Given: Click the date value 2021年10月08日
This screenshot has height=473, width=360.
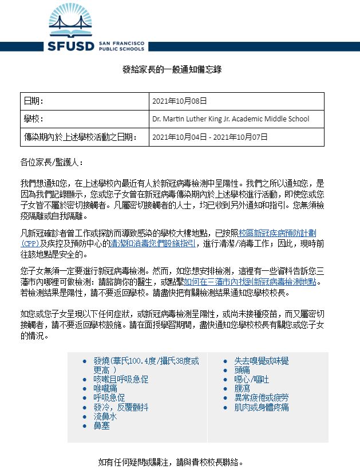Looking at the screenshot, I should pyautogui.click(x=179, y=101).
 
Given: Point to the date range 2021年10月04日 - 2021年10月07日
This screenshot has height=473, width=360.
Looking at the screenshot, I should pyautogui.click(x=210, y=137).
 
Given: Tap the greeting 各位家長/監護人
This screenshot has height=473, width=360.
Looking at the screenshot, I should pyautogui.click(x=52, y=163).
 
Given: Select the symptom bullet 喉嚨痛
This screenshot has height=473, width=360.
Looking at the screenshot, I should pyautogui.click(x=107, y=388).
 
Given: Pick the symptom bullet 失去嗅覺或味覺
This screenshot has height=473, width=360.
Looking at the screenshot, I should pyautogui.click(x=261, y=361).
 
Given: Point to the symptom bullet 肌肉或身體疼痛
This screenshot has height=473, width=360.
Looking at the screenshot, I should pyautogui.click(x=261, y=407).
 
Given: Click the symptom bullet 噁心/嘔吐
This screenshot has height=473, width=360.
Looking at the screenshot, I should pyautogui.click(x=251, y=379).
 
